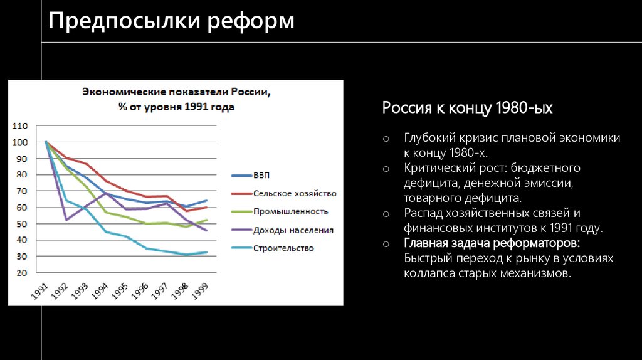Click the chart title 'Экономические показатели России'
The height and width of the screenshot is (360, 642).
point(176,92)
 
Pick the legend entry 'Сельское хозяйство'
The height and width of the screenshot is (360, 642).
point(295,193)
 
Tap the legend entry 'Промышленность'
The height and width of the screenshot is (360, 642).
point(290,211)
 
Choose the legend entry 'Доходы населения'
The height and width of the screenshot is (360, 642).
point(293,230)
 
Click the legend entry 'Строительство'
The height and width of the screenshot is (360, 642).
point(283,248)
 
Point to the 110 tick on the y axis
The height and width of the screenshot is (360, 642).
point(19,126)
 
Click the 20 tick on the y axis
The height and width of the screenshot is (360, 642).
point(21,273)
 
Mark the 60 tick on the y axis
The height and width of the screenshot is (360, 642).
point(21,208)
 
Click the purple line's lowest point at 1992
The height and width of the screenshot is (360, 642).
point(66,220)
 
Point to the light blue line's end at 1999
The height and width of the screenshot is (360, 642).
point(207,252)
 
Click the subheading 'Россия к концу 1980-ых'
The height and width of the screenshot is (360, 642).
point(468,108)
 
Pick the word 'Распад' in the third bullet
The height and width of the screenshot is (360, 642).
point(422,213)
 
